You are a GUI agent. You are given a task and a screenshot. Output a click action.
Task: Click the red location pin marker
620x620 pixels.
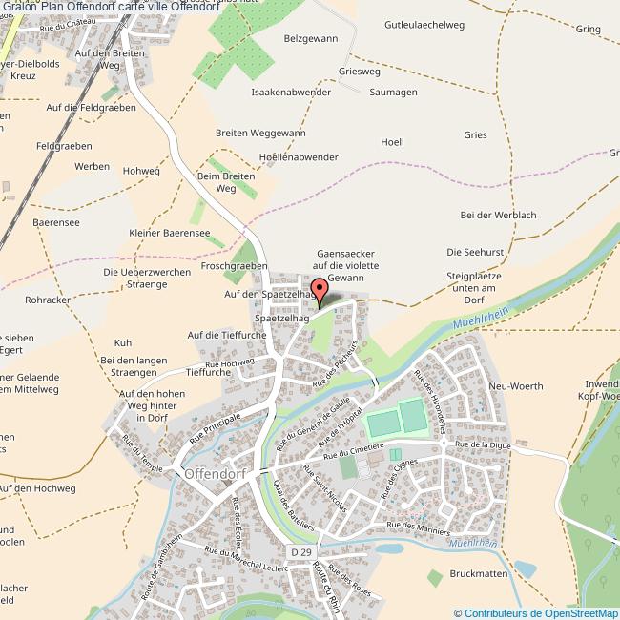[x=319, y=290]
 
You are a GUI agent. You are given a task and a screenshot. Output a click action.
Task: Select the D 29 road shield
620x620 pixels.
[x=301, y=552]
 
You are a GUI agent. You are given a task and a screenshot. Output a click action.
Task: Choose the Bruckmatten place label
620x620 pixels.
[x=475, y=574]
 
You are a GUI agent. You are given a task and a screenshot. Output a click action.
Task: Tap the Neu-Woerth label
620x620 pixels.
[x=515, y=386]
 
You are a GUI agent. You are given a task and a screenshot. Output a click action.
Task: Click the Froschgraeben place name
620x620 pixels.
[x=235, y=266]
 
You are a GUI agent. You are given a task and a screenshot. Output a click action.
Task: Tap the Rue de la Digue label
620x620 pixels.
[x=484, y=444]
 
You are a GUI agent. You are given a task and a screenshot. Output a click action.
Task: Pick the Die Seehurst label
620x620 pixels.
[x=474, y=251]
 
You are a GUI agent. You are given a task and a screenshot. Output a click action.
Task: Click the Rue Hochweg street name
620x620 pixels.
[x=229, y=363]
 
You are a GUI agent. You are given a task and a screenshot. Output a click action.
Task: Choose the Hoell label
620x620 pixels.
[x=392, y=142]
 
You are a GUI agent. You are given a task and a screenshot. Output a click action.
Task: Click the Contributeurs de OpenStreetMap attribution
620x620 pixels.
[x=536, y=613]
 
